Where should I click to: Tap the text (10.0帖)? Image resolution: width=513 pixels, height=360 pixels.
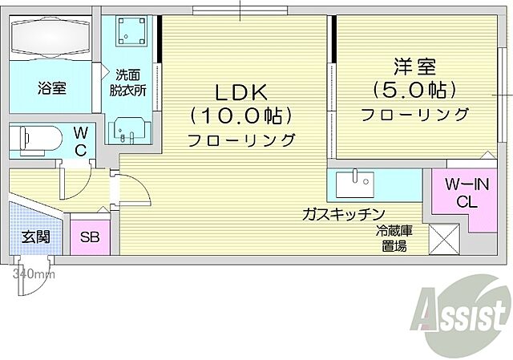point(240,115)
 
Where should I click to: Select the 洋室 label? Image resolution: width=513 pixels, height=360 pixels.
point(414,64)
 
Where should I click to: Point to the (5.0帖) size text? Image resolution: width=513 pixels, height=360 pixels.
point(414,88)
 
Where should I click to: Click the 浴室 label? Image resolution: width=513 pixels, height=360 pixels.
point(51,88)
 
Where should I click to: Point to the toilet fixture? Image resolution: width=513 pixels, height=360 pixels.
point(36,140)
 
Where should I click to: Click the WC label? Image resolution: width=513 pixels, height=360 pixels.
point(81,140)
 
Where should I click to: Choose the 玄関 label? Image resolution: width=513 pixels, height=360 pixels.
point(35,237)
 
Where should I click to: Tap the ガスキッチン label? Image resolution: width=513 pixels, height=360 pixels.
point(345,215)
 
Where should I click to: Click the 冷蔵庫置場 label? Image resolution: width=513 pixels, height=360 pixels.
point(394,239)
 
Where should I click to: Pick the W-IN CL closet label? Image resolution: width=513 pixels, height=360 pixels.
point(462,193)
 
